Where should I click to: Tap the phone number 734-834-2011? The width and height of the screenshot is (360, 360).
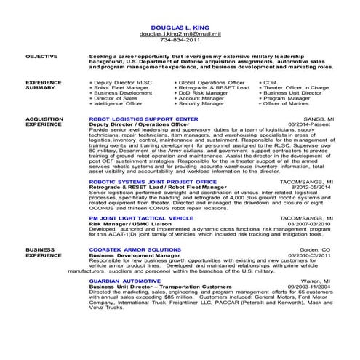click(x=180, y=41)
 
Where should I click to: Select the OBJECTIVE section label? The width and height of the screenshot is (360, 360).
click(x=40, y=55)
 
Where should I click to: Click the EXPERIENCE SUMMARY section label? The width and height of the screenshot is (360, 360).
click(x=42, y=85)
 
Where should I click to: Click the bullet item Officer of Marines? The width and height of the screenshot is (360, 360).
click(x=287, y=103)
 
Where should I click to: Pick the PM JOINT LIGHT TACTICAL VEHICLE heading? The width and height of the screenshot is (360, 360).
click(x=141, y=217)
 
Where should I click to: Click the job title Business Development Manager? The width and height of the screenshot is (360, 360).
click(x=135, y=255)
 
